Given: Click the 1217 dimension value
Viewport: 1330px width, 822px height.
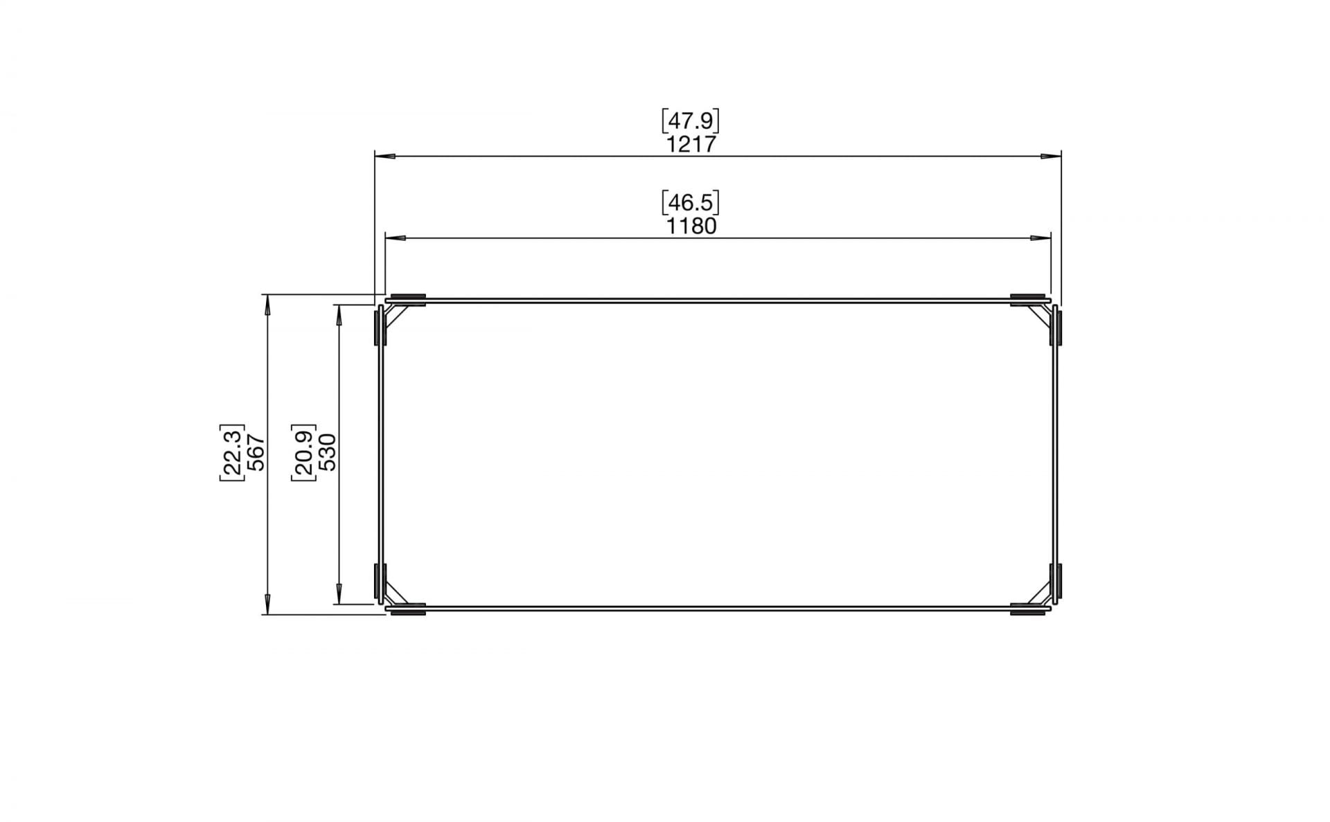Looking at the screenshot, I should point(690,144).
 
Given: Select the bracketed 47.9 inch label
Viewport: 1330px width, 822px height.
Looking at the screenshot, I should point(690,121).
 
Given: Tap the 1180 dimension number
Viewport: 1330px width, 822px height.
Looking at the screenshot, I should point(690,226).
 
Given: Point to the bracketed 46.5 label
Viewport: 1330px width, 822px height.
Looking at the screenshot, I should point(690,203).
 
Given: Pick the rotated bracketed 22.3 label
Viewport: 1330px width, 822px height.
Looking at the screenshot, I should point(232,452).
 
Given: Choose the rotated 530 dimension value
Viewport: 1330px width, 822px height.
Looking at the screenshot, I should point(327,452).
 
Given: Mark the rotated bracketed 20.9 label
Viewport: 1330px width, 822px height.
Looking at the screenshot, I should point(303,452).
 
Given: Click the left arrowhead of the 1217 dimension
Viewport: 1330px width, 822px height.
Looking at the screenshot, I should point(385,157).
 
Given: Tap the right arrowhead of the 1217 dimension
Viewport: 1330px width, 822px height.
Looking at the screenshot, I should point(1051,157).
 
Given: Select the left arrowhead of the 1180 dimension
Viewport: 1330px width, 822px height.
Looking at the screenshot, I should point(396,238).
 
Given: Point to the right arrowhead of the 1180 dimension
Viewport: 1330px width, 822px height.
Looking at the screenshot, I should point(1040,238).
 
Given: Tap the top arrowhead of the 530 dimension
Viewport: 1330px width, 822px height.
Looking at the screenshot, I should point(339,315).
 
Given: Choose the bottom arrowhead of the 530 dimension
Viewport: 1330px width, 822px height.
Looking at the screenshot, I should point(339,593).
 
